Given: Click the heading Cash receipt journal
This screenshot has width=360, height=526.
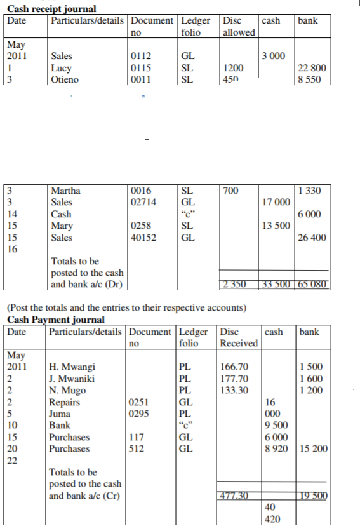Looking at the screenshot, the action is tap(51, 8).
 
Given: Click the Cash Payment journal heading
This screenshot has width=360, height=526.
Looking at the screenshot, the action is tap(56, 320).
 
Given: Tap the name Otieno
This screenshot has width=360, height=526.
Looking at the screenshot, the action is tap(65, 79).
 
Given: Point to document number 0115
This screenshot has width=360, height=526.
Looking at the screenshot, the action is tap(140, 68).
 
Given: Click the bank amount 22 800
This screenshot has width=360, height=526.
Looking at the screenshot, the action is tap(312, 68).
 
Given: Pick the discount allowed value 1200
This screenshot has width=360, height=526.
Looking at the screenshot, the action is tap(232, 68).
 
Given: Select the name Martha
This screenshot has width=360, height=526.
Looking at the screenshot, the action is tap(65, 190).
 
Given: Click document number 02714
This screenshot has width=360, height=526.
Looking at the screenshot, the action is tap(143, 202).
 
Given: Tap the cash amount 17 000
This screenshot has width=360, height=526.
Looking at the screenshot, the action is tap(276, 202).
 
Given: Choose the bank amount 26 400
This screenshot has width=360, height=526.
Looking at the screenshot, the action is tap(312, 238).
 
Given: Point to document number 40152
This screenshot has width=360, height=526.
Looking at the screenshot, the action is tap(143, 238).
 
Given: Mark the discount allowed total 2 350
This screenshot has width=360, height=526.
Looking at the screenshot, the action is tap(237, 283).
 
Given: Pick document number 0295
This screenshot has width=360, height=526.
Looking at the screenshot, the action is tap(140, 414).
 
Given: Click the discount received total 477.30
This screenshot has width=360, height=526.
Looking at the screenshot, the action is tap(237, 496).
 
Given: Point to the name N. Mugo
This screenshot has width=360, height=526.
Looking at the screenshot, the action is tap(69, 390).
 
